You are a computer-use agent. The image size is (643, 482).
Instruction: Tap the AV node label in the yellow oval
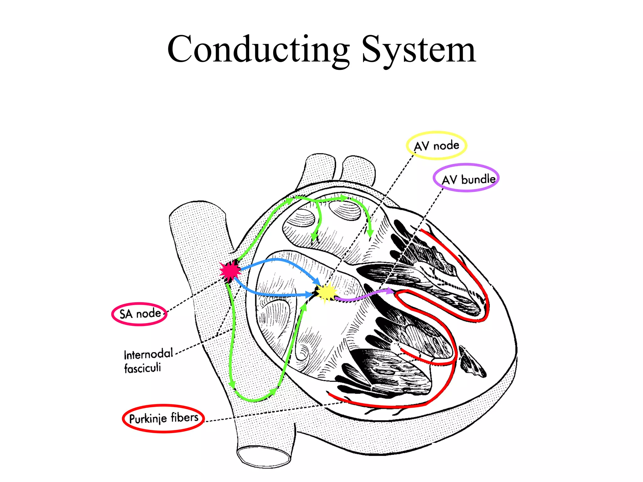436,146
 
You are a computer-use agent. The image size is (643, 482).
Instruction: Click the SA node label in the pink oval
140,313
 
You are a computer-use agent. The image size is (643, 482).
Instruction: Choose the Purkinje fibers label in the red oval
164,418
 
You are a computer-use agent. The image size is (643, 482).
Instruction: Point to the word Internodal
148,354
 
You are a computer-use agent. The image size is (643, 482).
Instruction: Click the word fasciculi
142,368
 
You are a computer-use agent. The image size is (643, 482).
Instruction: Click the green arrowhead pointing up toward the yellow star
303,307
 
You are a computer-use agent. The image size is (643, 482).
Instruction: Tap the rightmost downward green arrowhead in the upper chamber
370,233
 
